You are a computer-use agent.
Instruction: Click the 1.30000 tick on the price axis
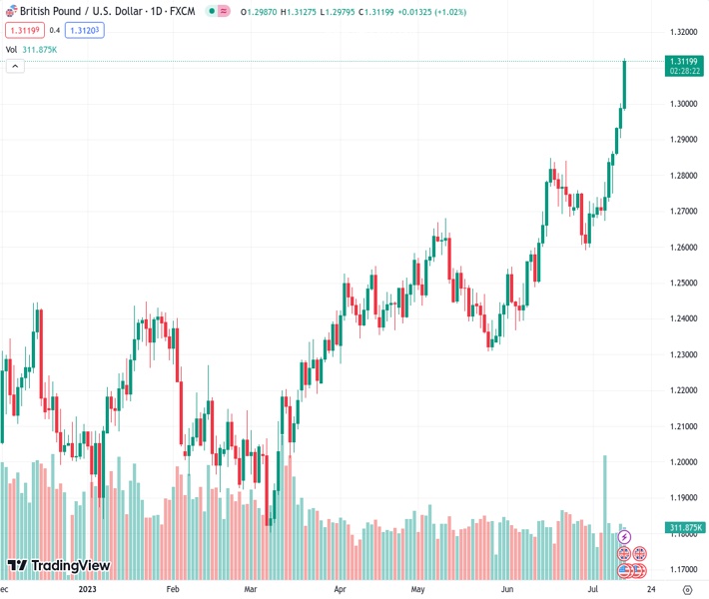684,104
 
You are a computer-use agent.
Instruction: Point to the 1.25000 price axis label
684,284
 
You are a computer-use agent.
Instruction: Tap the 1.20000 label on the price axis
684,462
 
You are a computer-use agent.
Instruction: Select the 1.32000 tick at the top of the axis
684,32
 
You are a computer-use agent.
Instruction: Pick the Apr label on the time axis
343,590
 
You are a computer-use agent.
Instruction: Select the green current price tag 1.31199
684,62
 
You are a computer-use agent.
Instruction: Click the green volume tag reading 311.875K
684,527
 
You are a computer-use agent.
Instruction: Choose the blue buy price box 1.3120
84,30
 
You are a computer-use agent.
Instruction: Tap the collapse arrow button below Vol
15,66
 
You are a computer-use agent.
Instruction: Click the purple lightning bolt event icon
625,537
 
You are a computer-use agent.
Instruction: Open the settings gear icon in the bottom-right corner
687,590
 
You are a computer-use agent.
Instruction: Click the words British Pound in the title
51,11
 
